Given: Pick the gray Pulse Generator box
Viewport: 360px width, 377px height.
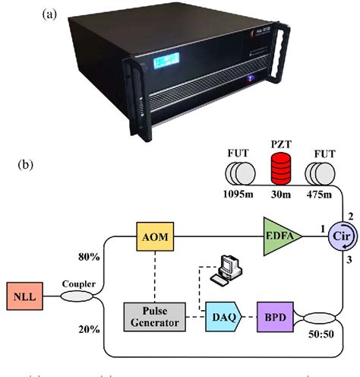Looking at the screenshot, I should [x=155, y=315].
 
